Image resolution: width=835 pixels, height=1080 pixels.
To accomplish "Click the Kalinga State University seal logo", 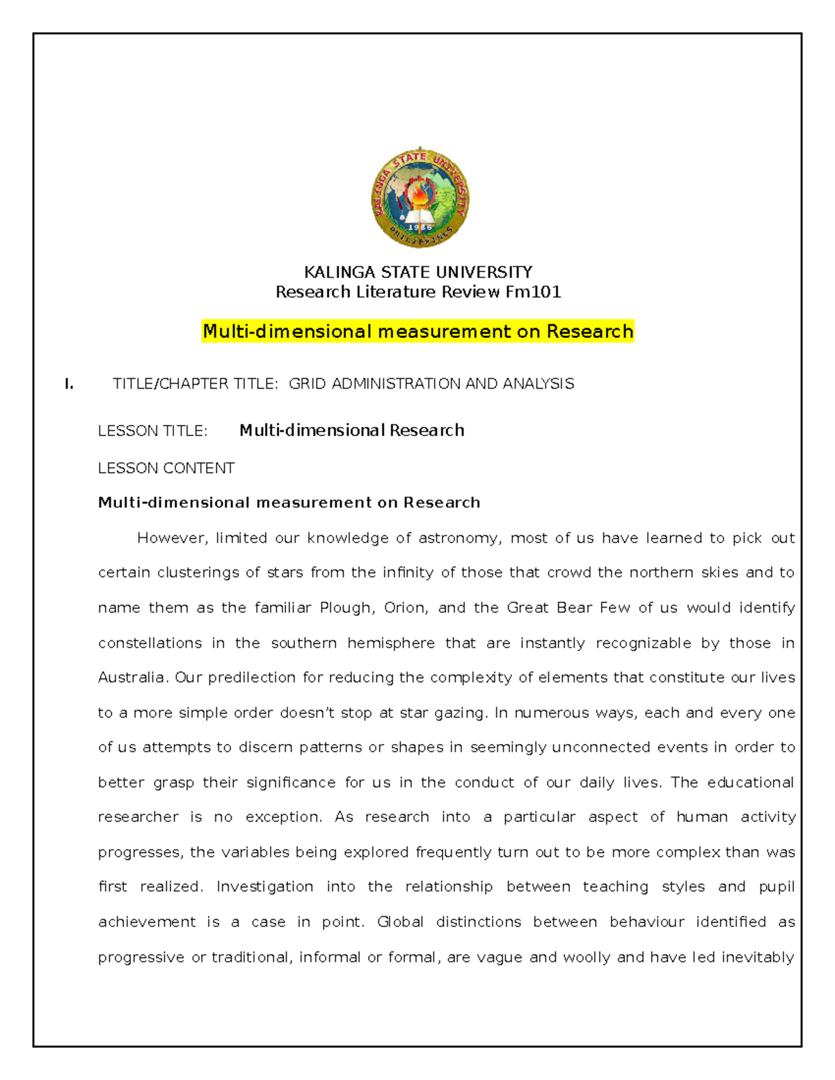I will click(x=420, y=198).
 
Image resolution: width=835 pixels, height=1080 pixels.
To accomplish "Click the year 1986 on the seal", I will click(x=420, y=227).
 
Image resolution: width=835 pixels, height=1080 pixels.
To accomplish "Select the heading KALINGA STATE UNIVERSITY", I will click(x=418, y=272).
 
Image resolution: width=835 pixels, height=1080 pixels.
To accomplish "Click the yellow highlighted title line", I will click(x=417, y=331).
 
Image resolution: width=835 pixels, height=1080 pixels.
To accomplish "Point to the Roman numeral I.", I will click(x=68, y=384).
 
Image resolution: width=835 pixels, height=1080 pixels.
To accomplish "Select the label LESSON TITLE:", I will click(x=152, y=431).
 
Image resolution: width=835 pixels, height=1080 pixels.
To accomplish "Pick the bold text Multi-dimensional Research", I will click(x=351, y=430).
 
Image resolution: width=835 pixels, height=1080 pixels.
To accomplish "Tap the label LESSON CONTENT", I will click(x=166, y=468).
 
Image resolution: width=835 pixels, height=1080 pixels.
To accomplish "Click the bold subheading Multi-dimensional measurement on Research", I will click(x=289, y=503).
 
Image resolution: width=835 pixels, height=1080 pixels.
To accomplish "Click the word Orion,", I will click(x=406, y=608).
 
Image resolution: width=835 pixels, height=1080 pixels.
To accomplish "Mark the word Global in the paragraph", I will click(x=400, y=922).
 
